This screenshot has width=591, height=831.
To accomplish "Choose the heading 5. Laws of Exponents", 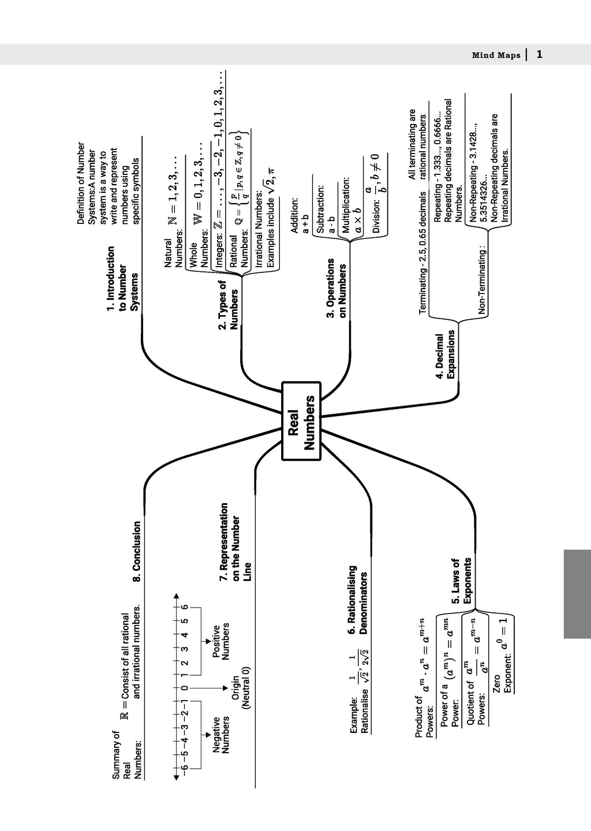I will click(x=461, y=581).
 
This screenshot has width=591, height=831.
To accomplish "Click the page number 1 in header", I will click(x=539, y=54).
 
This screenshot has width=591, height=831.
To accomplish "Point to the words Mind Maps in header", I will click(x=496, y=55).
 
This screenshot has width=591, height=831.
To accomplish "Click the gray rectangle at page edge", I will click(x=577, y=594).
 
